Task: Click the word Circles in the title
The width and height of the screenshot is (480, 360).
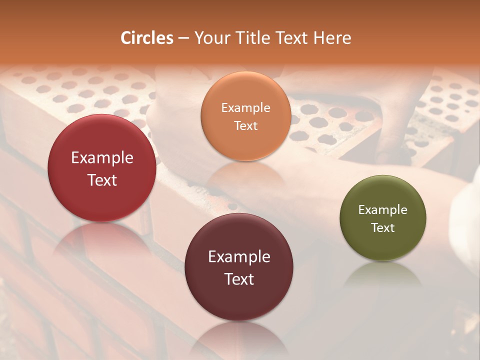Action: coord(146,38)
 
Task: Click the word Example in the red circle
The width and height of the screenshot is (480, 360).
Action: coord(102,158)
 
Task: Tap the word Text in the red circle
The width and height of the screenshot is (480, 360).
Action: coord(102,180)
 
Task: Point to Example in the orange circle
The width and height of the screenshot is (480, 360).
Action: coord(245,107)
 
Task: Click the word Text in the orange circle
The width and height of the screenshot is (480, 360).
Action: coord(245,125)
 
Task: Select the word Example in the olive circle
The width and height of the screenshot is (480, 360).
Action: coord(383,209)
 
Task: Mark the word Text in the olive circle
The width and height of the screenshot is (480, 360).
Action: coord(383,227)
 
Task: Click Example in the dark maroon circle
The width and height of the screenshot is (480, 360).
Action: coord(239,256)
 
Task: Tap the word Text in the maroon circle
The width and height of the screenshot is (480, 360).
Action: coord(239,279)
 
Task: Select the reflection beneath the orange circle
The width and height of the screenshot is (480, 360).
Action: coord(245,172)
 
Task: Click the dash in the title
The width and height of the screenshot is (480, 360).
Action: coord(183,38)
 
